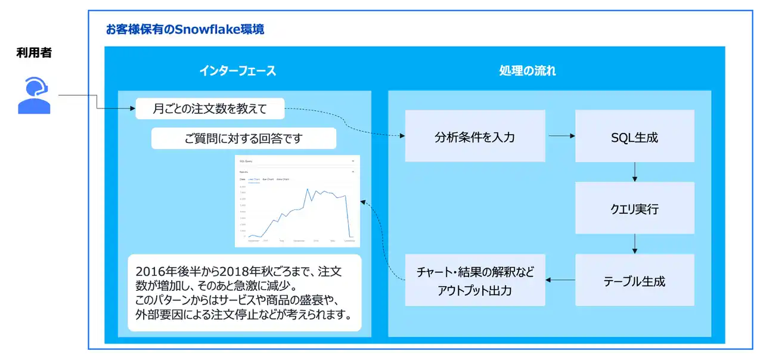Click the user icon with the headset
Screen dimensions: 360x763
tap(35, 95)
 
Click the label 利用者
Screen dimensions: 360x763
tap(34, 54)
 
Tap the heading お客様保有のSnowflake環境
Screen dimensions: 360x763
tap(185, 29)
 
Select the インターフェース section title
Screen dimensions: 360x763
tap(237, 71)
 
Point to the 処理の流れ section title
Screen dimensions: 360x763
tap(527, 71)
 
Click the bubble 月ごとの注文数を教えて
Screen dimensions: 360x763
tap(210, 108)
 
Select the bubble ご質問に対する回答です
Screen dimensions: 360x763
tap(243, 139)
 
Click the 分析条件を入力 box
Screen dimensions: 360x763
tap(474, 136)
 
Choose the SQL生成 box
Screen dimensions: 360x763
tap(634, 136)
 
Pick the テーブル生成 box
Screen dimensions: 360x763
tap(634, 280)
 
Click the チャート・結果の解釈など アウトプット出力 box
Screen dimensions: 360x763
tap(474, 280)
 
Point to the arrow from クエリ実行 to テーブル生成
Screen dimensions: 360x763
tap(634, 244)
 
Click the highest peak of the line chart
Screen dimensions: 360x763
tap(307, 190)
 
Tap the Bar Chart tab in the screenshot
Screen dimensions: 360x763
tap(268, 179)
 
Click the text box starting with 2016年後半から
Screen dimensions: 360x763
tap(244, 293)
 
